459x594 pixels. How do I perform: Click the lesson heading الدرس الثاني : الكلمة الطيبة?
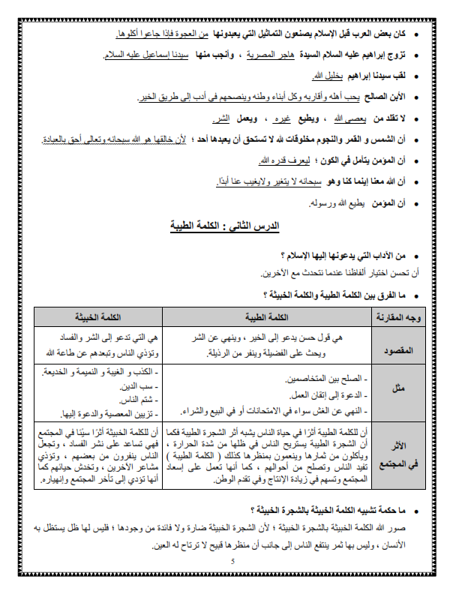pos(229,224)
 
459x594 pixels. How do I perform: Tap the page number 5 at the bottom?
pos(232,562)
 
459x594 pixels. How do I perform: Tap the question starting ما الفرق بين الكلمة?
pos(333,294)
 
